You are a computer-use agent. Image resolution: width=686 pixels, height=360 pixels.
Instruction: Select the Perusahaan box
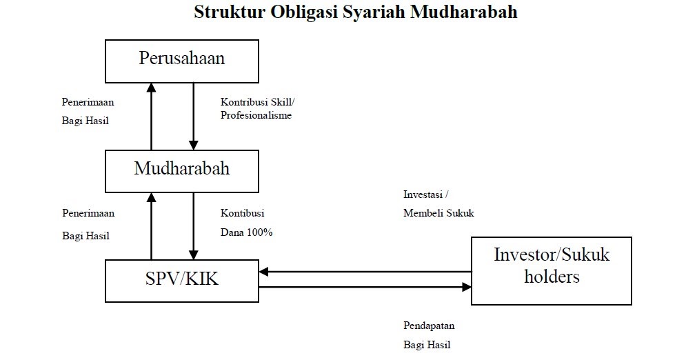pyautogui.click(x=181, y=61)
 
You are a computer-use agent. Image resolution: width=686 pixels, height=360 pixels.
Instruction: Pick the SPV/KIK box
pyautogui.click(x=181, y=281)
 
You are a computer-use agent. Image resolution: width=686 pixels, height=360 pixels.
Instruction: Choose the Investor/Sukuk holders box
pyautogui.click(x=551, y=270)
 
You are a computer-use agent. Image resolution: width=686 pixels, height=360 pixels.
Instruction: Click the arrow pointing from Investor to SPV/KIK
pyautogui.click(x=365, y=272)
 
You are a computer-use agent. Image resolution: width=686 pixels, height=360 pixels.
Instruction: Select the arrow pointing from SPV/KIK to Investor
pyautogui.click(x=365, y=286)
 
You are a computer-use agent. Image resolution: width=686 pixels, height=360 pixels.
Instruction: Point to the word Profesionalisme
pyautogui.click(x=256, y=115)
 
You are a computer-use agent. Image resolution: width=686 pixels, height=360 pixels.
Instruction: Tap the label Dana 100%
pyautogui.click(x=247, y=232)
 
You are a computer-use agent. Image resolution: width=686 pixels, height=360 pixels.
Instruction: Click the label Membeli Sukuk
pyautogui.click(x=438, y=213)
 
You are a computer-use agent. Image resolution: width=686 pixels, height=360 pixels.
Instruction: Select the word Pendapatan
pyautogui.click(x=429, y=326)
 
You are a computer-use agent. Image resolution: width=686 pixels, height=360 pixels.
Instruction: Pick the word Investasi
pyautogui.click(x=424, y=194)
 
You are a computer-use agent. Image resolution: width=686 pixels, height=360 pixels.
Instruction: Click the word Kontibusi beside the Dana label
pyautogui.click(x=242, y=213)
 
